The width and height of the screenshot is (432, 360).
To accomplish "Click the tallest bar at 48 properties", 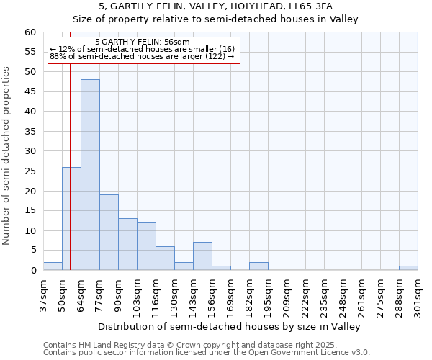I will pos(90,175).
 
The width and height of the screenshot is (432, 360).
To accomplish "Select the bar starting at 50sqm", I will pos(71,219).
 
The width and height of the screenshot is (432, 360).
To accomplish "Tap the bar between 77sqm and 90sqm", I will pos(109,233).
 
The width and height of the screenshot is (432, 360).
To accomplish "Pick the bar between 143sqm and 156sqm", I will pos(202,256).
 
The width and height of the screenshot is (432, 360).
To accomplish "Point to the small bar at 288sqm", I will pos(408,268).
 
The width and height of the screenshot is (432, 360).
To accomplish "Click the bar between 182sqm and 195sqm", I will pos(258,266).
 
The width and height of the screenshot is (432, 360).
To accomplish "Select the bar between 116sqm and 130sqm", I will pos(165,258).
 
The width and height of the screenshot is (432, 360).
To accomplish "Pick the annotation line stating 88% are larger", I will pos(143,56).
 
